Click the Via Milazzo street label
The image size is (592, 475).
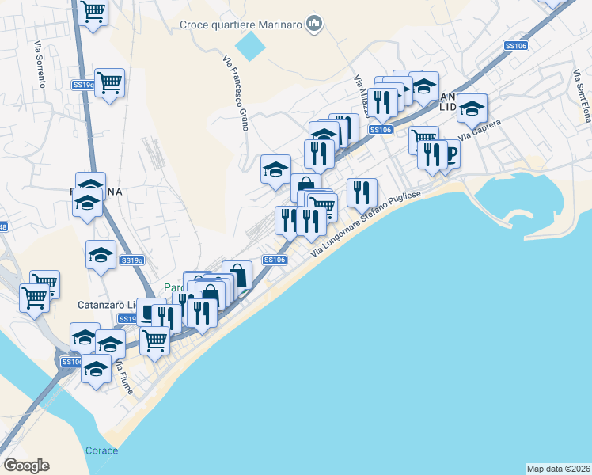tap(361, 93)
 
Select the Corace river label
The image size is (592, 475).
tap(101, 451)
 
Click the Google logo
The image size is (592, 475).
tap(26, 465)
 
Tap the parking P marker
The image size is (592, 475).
tap(451, 154)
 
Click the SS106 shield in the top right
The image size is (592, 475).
tap(515, 46)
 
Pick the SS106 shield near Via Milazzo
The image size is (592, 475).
tap(381, 129)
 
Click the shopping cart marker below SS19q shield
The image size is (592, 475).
tap(109, 82)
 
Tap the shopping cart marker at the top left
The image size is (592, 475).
tap(93, 12)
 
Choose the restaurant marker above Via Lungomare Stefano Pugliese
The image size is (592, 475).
tap(361, 190)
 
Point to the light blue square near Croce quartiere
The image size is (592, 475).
tap(251, 46)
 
